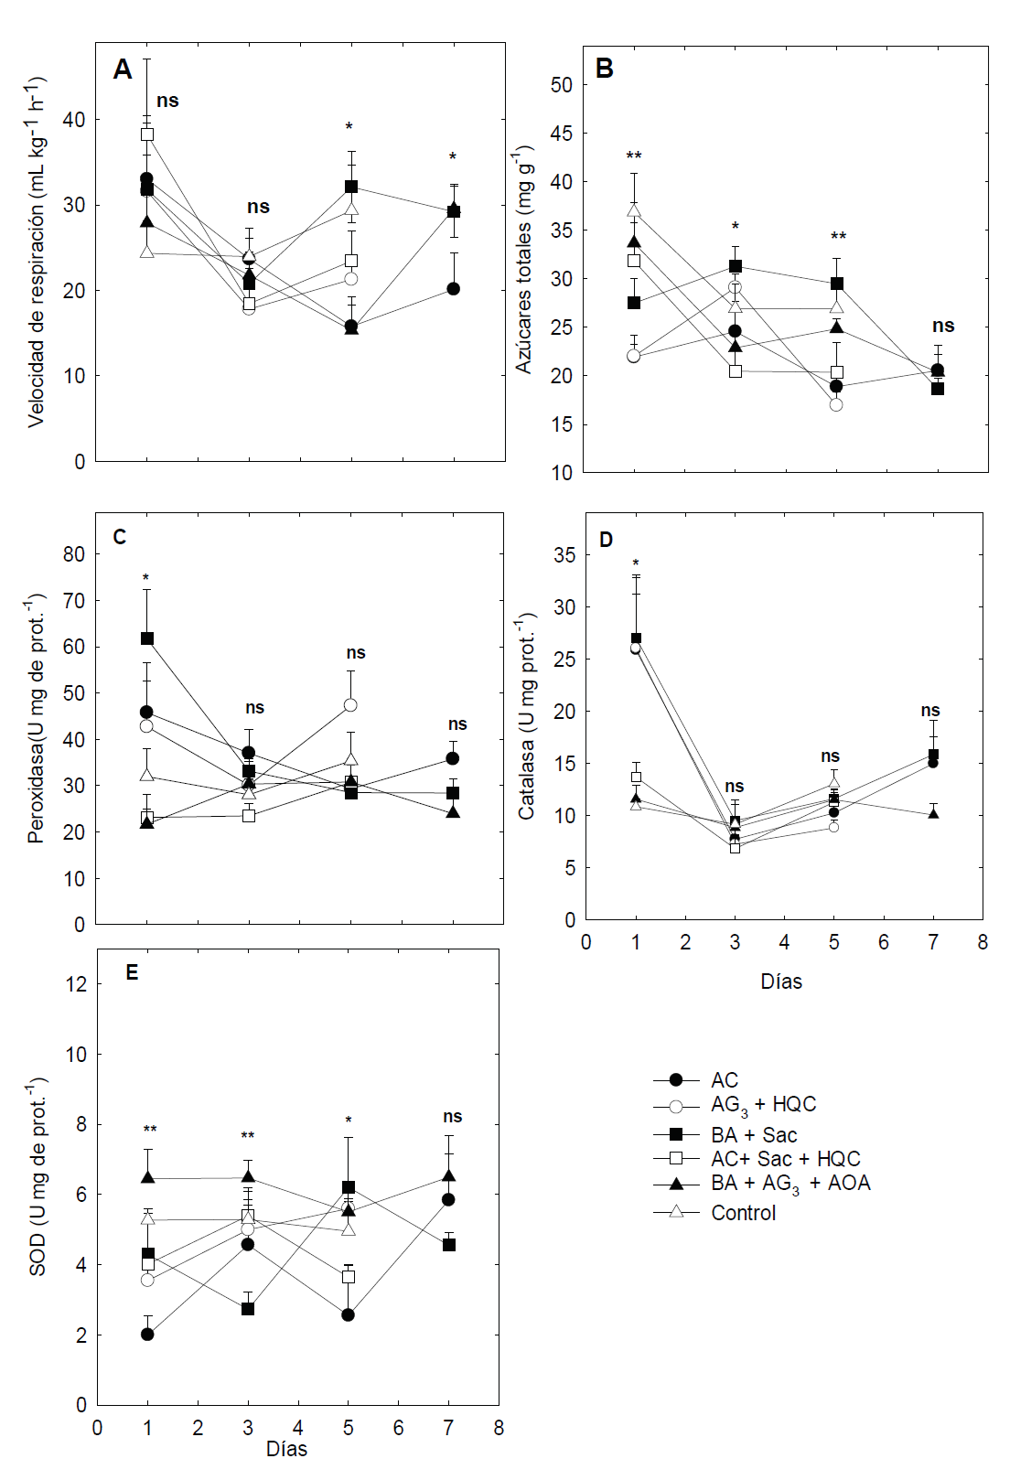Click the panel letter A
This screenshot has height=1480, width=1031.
123,70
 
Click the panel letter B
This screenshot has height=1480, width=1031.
604,69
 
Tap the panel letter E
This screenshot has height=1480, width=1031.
132,972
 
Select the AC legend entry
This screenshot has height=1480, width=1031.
724,1080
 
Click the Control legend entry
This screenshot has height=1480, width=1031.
743,1213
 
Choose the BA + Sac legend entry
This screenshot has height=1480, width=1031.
754,1135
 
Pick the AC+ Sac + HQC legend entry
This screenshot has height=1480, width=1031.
785,1159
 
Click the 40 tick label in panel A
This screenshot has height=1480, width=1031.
74,120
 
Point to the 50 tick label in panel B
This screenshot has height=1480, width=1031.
561,85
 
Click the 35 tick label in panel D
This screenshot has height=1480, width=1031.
564,555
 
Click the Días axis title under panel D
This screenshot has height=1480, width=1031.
781,981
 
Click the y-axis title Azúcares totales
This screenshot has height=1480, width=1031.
523,258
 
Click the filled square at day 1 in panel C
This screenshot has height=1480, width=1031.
147,638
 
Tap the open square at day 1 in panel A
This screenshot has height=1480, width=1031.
147,134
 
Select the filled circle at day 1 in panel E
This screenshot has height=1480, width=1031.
147,1335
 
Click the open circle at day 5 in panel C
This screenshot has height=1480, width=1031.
350,705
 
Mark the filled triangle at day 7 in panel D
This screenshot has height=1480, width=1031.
933,813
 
